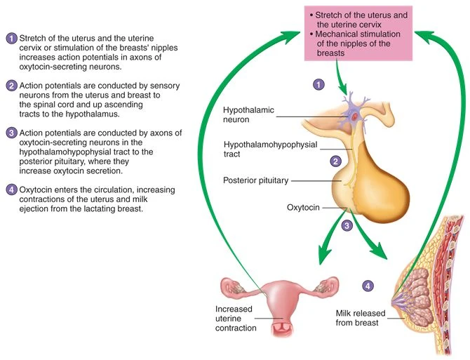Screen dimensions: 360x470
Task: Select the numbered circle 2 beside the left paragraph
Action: (x=11, y=86)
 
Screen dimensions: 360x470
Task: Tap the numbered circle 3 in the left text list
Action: (x=11, y=133)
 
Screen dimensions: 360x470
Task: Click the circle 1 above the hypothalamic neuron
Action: (x=318, y=84)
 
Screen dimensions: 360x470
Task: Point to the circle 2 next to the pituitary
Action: (x=336, y=161)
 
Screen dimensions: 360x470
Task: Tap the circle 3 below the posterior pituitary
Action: (x=347, y=226)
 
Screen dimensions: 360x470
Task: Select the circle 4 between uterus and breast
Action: (x=368, y=286)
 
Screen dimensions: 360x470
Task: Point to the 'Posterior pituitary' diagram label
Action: (x=255, y=180)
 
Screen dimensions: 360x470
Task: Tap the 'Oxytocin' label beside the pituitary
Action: (x=304, y=208)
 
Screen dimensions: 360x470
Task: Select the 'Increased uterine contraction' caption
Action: (x=236, y=318)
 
